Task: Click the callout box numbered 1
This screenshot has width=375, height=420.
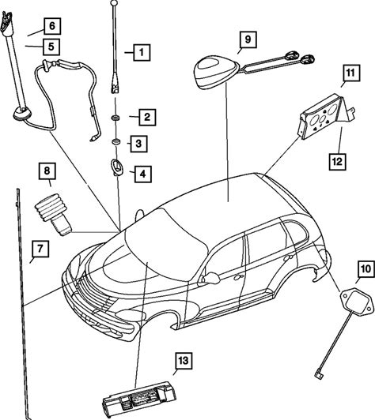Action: [142, 52]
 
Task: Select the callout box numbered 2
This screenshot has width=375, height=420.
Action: [147, 117]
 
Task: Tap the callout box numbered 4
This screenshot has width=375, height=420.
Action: [143, 174]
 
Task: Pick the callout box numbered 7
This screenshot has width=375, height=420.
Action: [40, 249]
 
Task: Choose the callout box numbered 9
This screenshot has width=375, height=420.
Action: [248, 39]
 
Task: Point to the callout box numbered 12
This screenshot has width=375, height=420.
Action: [337, 162]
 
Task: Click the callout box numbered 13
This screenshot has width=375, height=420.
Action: [184, 361]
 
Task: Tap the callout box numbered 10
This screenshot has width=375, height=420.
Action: [366, 269]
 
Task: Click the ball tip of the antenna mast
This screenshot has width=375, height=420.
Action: [114, 3]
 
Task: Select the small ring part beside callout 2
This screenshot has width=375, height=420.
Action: [116, 118]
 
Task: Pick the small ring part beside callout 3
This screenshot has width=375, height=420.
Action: [116, 141]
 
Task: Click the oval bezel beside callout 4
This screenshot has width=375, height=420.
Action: [117, 167]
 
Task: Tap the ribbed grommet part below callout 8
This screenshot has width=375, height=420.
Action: [54, 214]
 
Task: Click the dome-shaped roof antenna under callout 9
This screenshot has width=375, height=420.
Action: [217, 72]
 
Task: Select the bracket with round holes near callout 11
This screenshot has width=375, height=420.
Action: [327, 117]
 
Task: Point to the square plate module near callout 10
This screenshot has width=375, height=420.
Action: [357, 302]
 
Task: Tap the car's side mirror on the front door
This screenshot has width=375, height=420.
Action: [211, 278]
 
